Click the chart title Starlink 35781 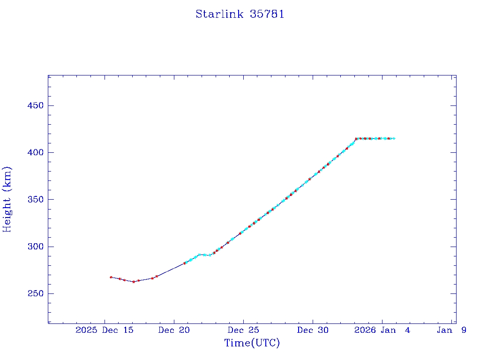click(x=240, y=14)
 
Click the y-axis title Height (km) click(x=7, y=199)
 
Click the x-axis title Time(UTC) click(x=252, y=343)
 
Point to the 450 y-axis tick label click(x=35, y=105)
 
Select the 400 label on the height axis click(x=35, y=152)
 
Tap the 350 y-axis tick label click(x=35, y=200)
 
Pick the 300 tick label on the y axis click(x=35, y=247)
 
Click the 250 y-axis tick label click(x=35, y=294)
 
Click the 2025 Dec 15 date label click(x=105, y=330)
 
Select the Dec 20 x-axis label click(x=174, y=330)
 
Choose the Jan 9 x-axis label click(x=451, y=330)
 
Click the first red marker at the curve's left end click(x=111, y=277)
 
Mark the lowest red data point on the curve click(x=134, y=282)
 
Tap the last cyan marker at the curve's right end click(x=394, y=138)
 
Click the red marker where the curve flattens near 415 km click(x=356, y=139)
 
